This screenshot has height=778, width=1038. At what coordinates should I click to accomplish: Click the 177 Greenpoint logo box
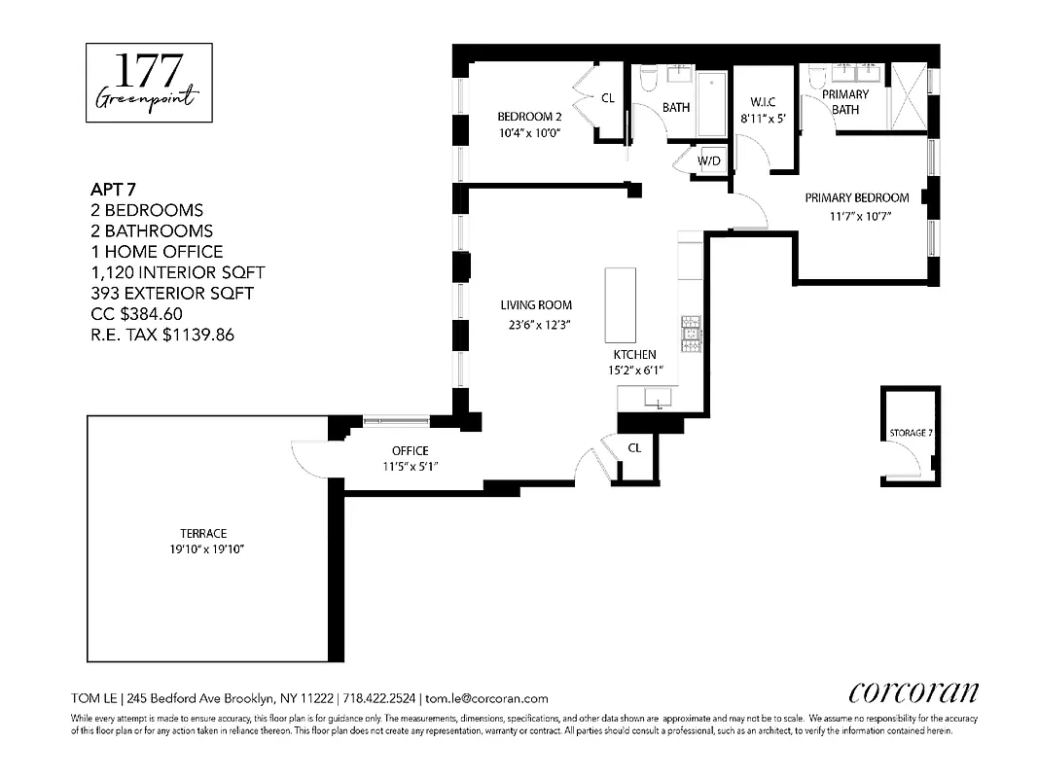pyautogui.click(x=149, y=83)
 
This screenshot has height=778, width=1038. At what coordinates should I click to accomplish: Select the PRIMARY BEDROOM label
pyautogui.click(x=856, y=197)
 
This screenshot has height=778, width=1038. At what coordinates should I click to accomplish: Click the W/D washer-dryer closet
pyautogui.click(x=709, y=160)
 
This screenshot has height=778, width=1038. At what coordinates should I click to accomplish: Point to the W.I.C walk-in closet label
pyautogui.click(x=762, y=102)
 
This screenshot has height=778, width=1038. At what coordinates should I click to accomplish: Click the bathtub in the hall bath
pyautogui.click(x=712, y=103)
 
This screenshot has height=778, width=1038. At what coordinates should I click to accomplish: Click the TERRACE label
pyautogui.click(x=203, y=533)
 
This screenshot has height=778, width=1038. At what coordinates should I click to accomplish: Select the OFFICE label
pyautogui.click(x=410, y=450)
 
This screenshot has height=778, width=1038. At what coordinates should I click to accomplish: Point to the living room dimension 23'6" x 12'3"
pyautogui.click(x=536, y=326)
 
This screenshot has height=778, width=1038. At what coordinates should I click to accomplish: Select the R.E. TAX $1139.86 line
pyautogui.click(x=161, y=335)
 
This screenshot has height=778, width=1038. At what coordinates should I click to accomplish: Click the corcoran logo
pyautogui.click(x=913, y=691)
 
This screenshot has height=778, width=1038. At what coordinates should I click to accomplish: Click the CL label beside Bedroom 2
pyautogui.click(x=607, y=97)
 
